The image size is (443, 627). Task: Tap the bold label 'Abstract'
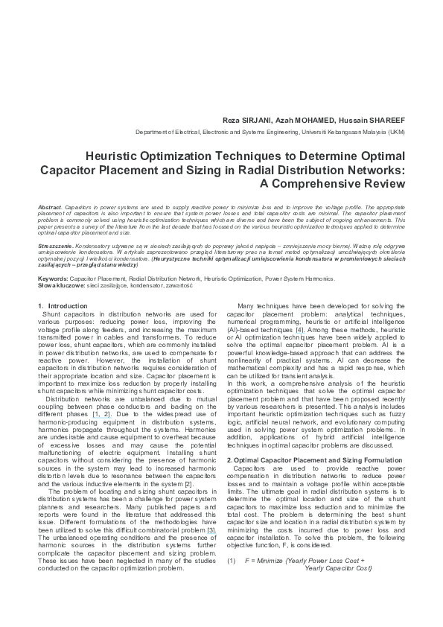click(49, 204)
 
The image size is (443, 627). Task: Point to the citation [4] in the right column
click(299, 328)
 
